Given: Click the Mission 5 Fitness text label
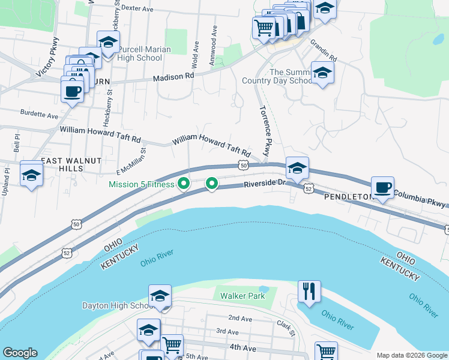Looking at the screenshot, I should [141, 184].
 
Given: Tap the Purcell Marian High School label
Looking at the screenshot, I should [144, 53].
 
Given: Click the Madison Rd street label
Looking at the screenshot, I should [173, 77].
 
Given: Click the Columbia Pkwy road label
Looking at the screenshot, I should [420, 200].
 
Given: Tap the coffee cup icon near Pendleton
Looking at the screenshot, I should [382, 187].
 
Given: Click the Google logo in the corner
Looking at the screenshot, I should [20, 353].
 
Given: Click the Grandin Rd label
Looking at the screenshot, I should [324, 52].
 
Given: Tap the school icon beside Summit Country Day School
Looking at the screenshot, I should [322, 73].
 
